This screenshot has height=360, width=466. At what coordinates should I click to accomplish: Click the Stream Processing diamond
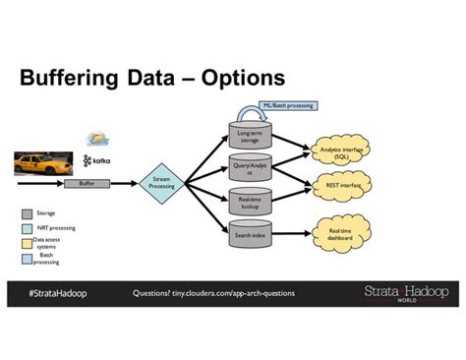coord(162,182)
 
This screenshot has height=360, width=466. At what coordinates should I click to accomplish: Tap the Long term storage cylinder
coord(250,136)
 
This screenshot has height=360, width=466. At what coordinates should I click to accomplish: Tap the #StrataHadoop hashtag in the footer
coord(56,294)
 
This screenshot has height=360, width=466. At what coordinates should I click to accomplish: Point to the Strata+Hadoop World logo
coord(405,294)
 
